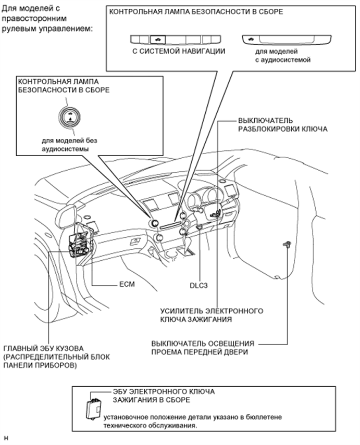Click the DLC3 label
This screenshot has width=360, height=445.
[200, 285]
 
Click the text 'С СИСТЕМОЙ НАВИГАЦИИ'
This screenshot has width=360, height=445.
[179, 51]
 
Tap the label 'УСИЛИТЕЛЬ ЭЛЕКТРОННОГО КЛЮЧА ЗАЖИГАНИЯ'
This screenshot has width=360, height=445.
[211, 315]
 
